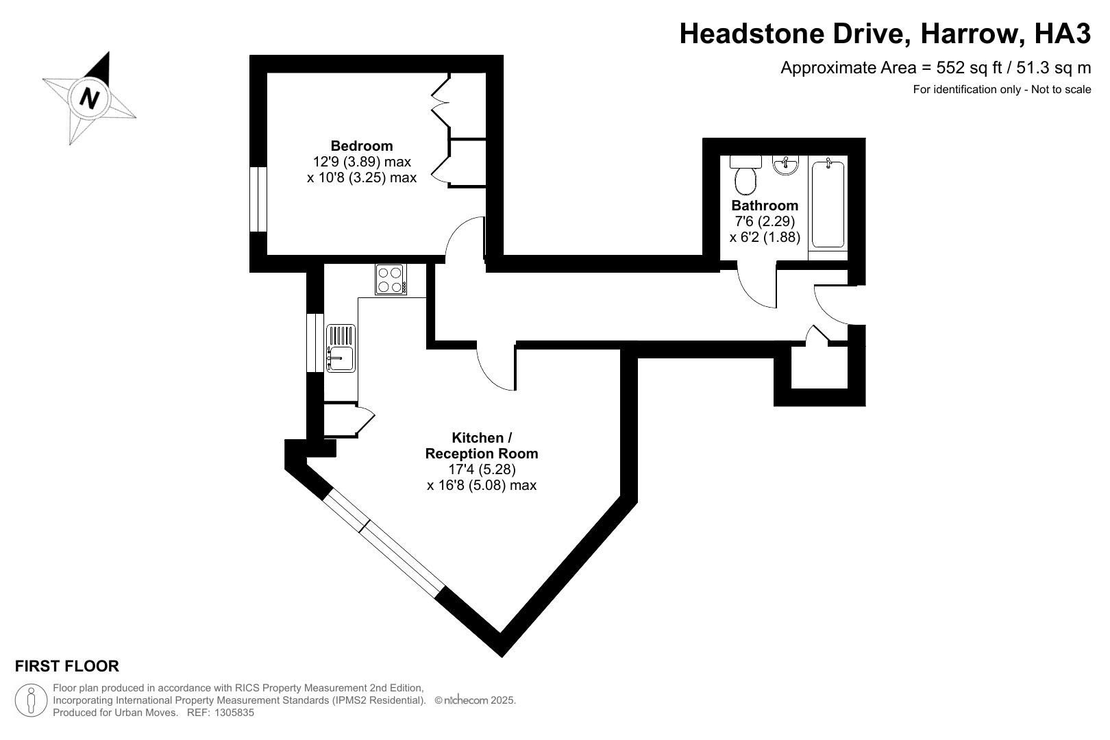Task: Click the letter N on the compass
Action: (89, 98)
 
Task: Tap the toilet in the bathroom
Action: (745, 175)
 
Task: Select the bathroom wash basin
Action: (785, 166)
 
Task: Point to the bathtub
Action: (828, 203)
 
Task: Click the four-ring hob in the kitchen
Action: (391, 280)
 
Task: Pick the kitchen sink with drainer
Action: (341, 349)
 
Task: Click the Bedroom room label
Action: (362, 146)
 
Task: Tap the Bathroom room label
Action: (765, 205)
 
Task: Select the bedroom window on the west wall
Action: (258, 199)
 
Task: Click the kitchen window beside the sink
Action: (315, 343)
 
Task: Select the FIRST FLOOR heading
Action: (67, 666)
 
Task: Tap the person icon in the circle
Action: (32, 700)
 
